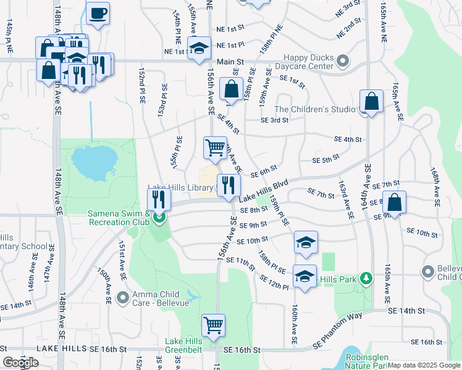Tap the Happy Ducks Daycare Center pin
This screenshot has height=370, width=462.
pos(343,61)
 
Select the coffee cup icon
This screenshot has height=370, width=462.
pos(98,13)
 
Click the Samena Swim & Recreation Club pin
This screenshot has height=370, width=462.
pos(159,217)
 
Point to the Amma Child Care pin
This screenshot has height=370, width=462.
pos(122,297)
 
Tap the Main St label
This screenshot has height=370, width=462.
pos(230,62)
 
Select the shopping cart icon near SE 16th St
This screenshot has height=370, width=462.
pos(213,324)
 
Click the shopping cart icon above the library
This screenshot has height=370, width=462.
pos(214,147)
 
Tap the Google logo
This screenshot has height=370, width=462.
pos(21,362)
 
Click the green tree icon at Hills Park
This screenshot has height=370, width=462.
pos(366,279)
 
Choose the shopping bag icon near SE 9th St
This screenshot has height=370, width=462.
pos(395,202)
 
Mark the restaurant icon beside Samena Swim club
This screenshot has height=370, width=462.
pos(159,199)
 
